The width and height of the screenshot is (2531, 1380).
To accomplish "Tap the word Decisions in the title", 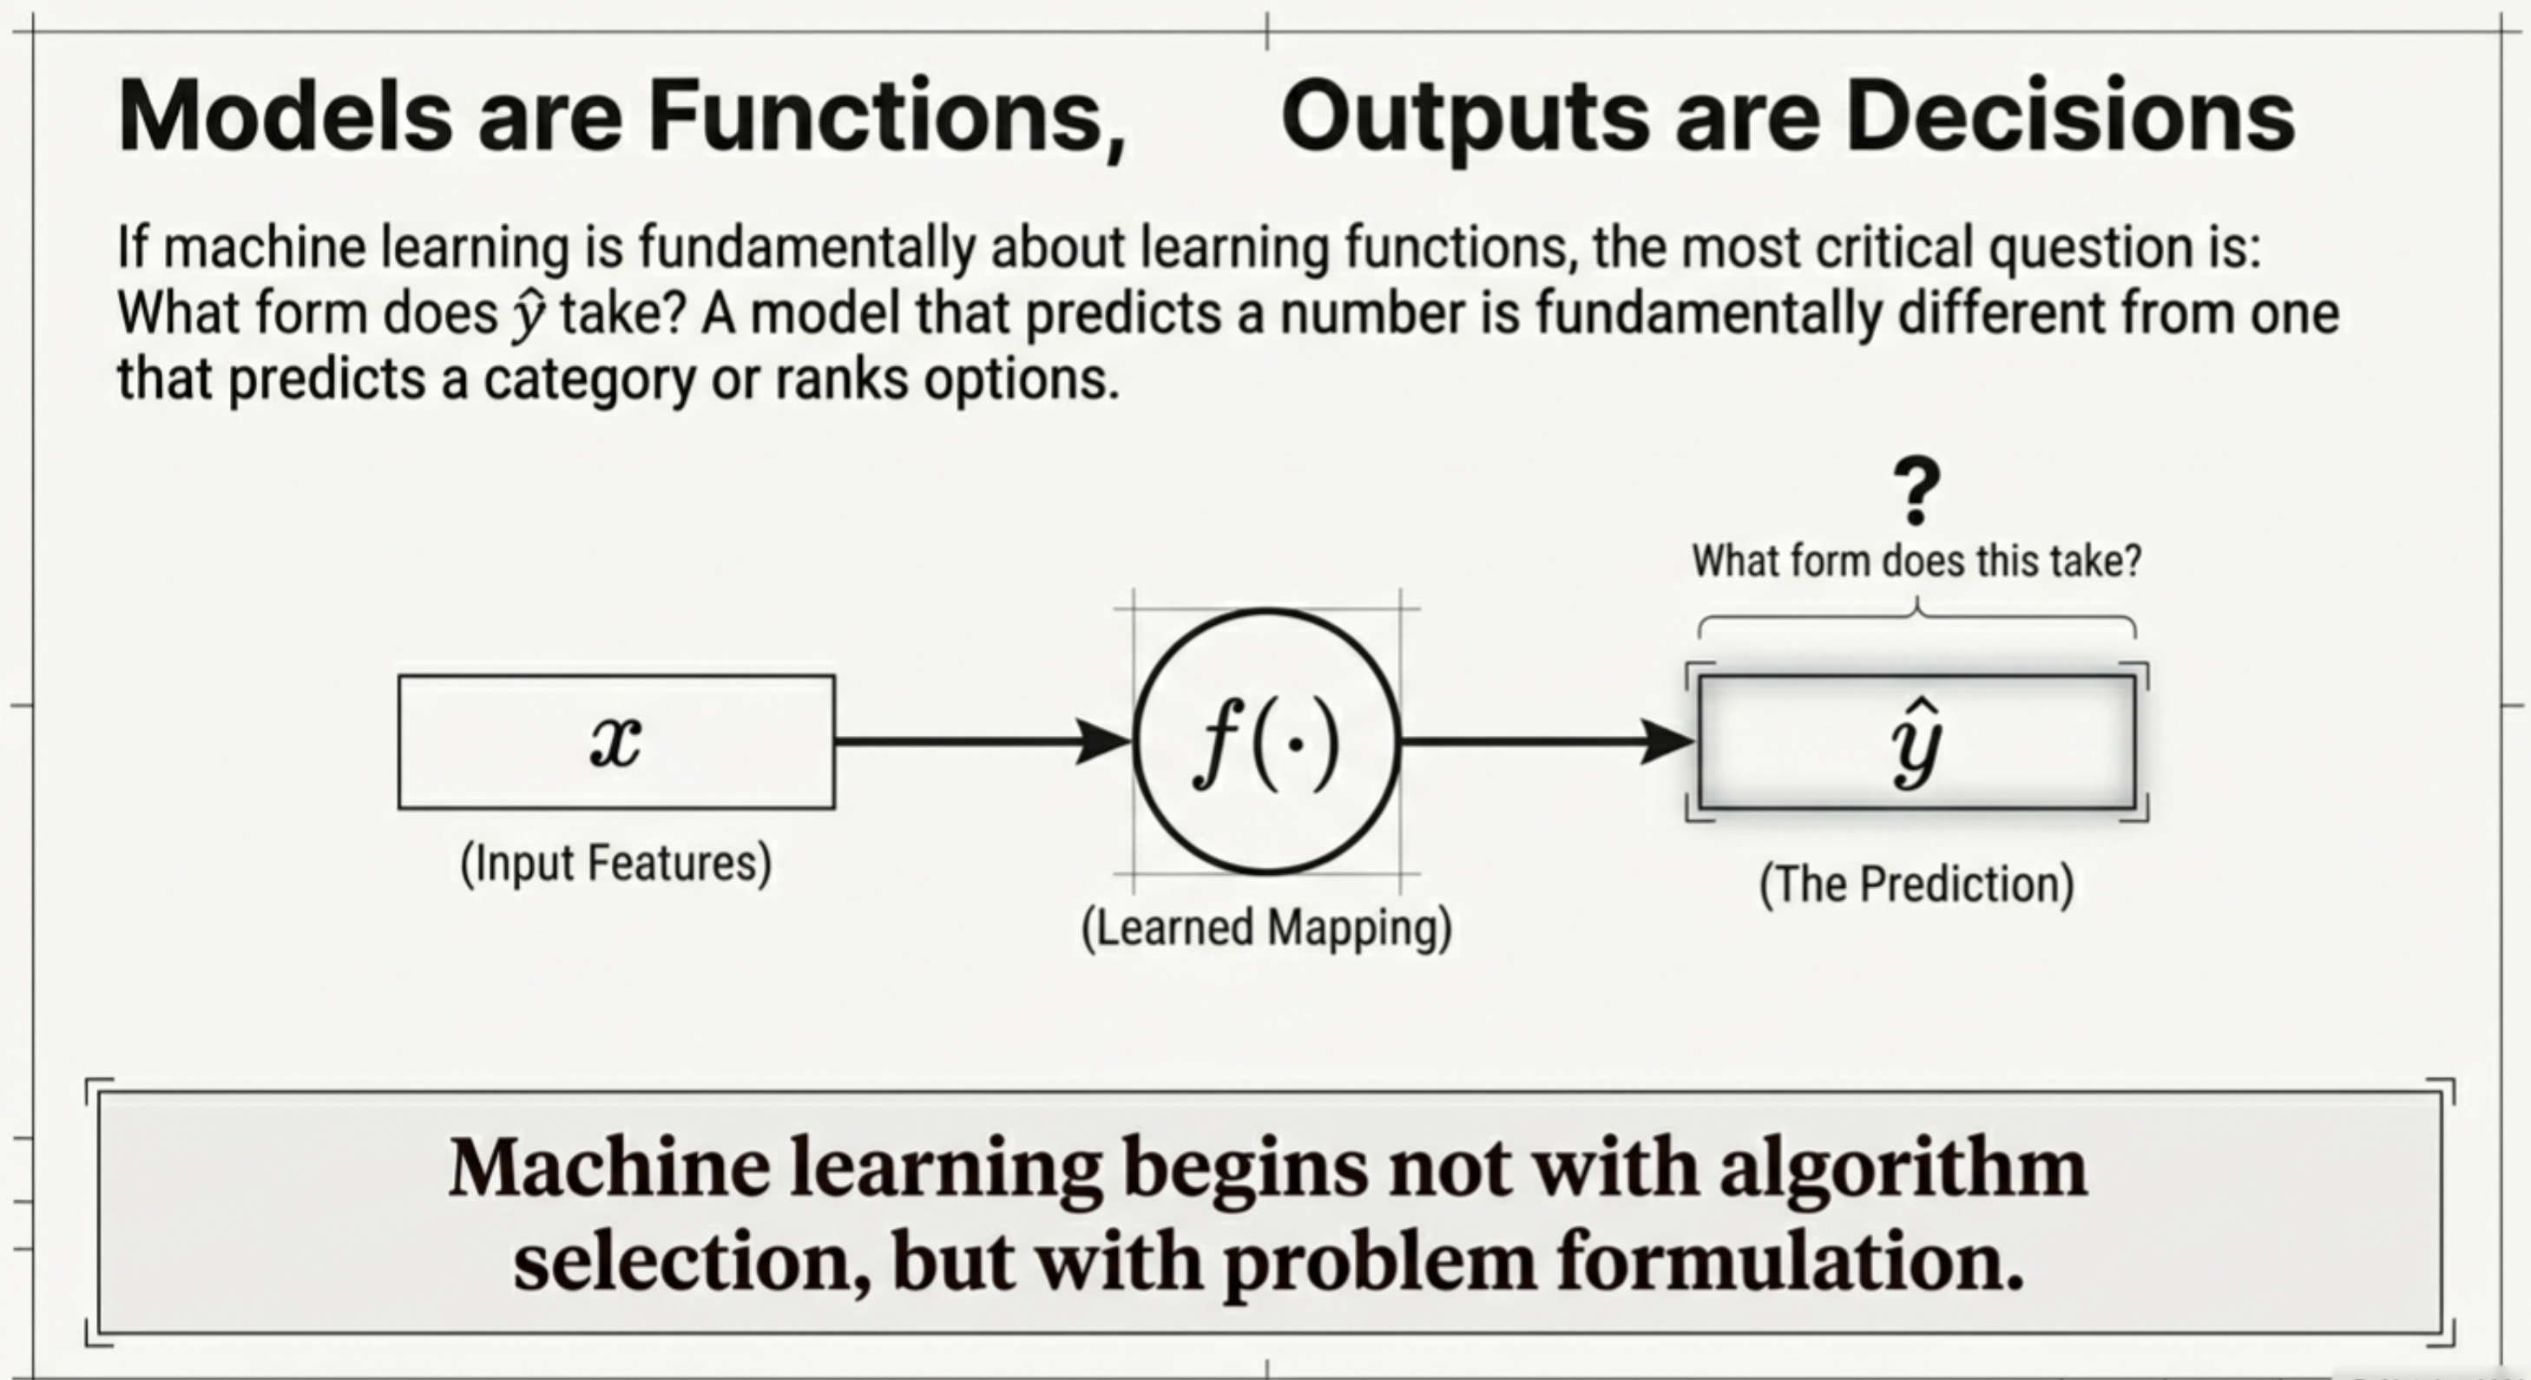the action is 2070,117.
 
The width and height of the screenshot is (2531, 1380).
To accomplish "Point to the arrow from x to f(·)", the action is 983,741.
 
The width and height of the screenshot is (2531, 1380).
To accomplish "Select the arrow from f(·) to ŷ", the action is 1548,741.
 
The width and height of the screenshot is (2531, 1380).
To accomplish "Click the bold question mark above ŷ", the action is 1916,491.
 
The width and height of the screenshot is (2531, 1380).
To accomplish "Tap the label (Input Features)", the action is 616,864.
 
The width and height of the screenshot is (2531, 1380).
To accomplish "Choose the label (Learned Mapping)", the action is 1266,928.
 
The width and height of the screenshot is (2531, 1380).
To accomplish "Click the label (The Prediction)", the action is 1916,884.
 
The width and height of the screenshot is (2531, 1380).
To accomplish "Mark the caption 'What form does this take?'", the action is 1916,562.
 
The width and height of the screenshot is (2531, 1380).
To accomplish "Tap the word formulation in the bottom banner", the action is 1790,1262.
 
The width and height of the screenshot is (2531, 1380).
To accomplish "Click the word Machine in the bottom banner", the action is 609,1169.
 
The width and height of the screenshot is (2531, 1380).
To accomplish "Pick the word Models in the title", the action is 285,117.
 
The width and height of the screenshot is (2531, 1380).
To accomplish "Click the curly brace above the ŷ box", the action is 1916,621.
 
